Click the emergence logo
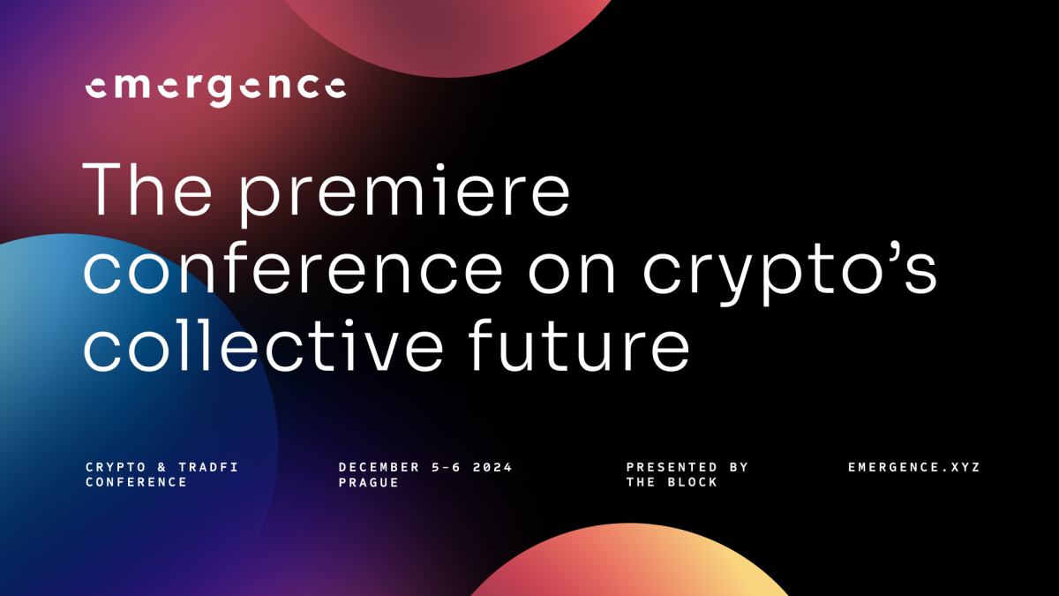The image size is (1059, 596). pos(215,87)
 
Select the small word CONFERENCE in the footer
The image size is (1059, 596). pos(136,482)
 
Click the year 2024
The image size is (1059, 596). pos(492,467)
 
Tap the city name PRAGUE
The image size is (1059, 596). pos(368,482)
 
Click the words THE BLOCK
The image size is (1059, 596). pos(672,482)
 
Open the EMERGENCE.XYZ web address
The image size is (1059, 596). pos(913,467)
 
